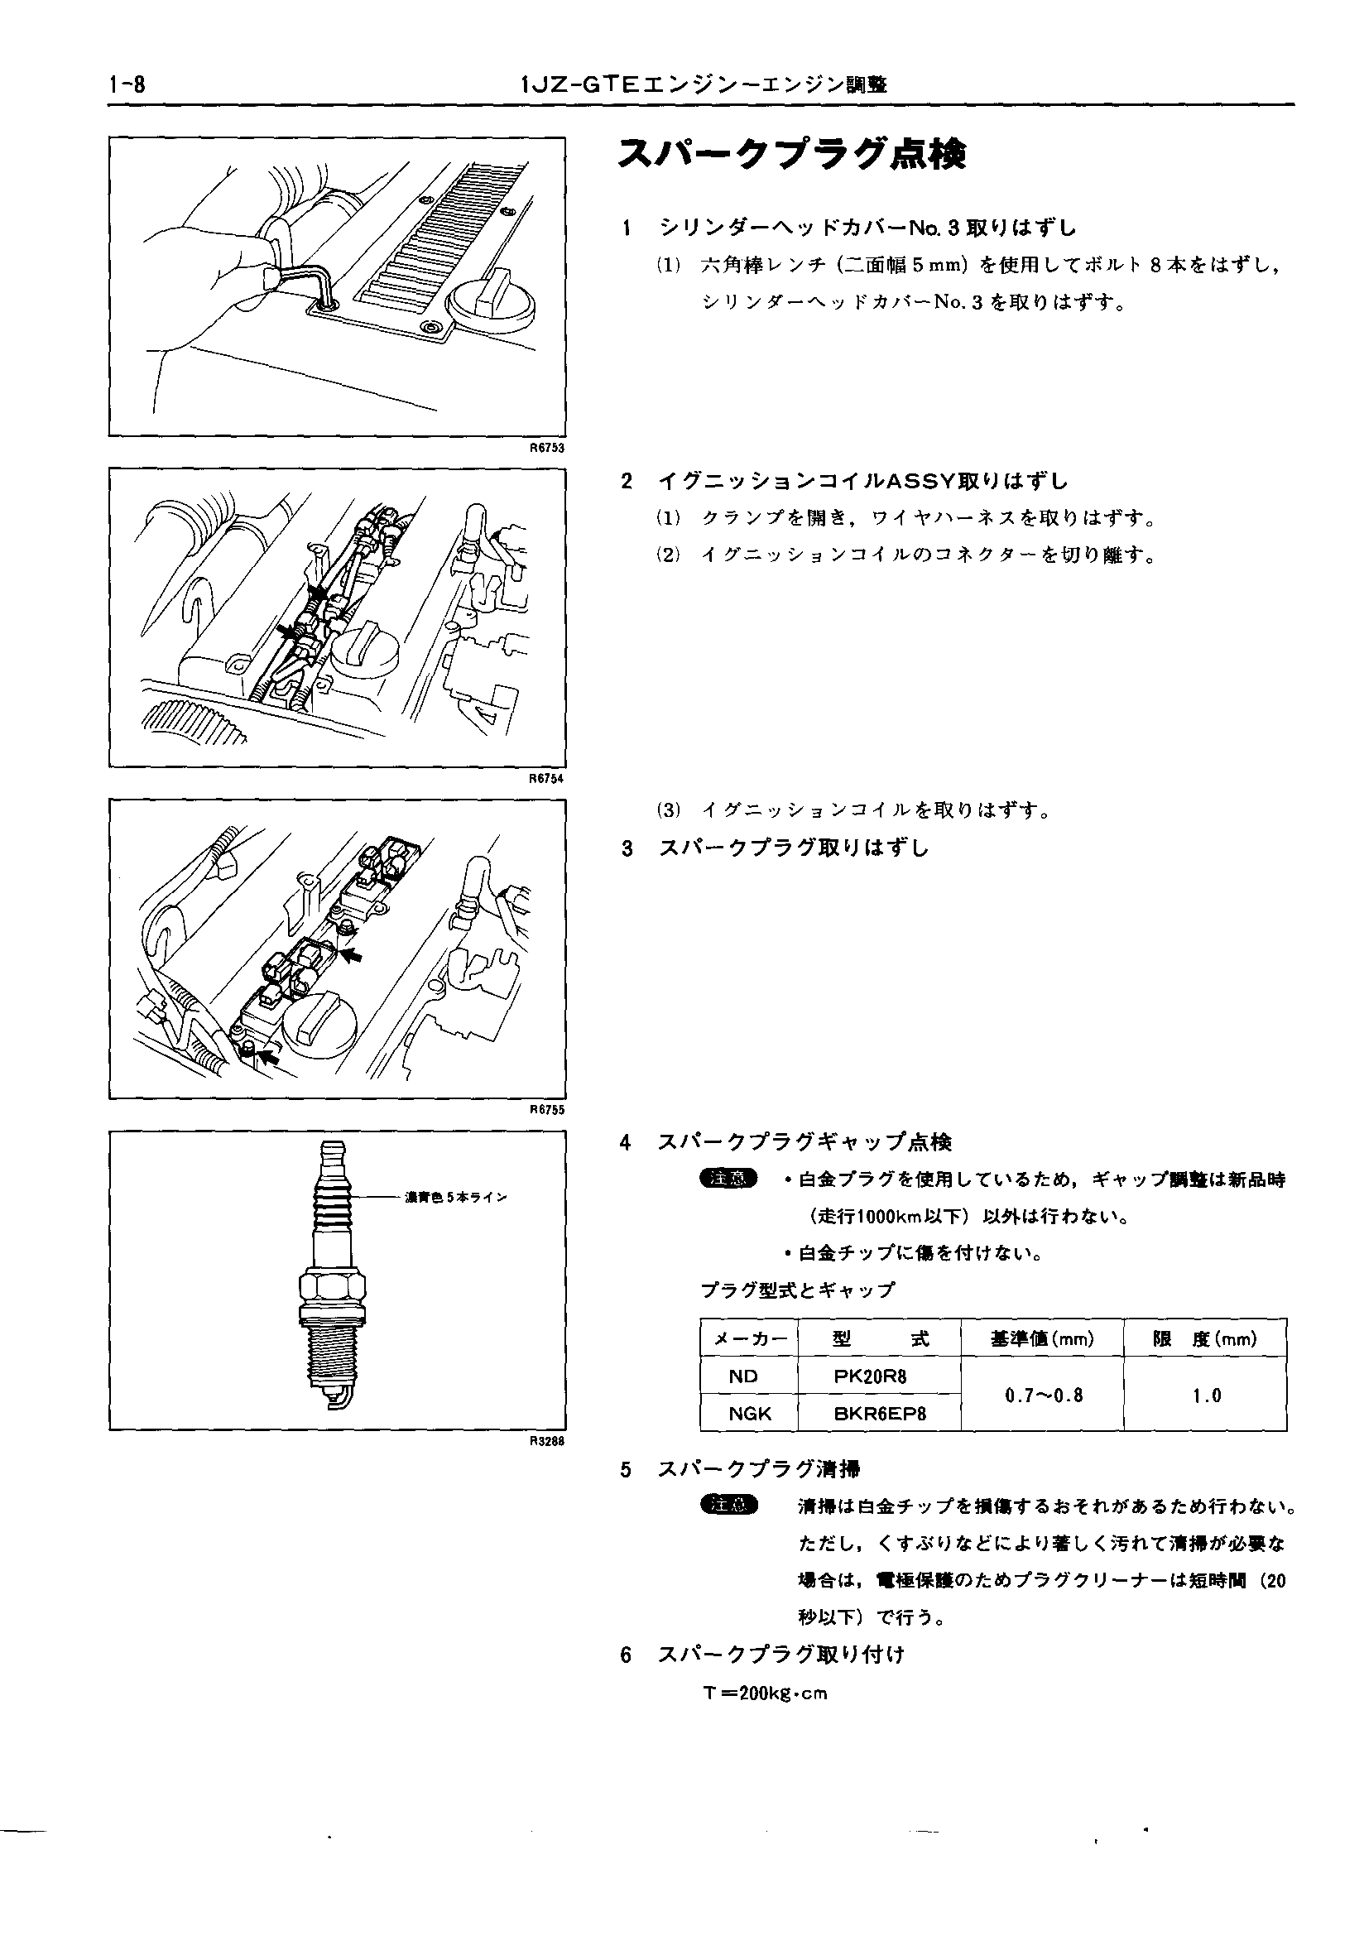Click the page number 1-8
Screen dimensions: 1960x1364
click(128, 85)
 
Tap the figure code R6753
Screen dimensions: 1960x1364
click(547, 447)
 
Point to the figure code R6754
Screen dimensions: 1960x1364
click(547, 779)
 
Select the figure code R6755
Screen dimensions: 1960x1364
click(547, 1110)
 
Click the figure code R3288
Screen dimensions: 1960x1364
click(547, 1442)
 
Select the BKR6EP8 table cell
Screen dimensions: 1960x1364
click(879, 1414)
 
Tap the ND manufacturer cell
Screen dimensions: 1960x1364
click(742, 1376)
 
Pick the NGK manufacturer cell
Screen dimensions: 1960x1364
click(749, 1414)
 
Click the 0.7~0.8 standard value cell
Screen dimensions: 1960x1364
click(1043, 1396)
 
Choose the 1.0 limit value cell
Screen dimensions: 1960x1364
click(1206, 1396)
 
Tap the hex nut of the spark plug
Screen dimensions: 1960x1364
click(334, 1288)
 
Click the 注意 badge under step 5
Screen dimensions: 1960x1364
click(728, 1505)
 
